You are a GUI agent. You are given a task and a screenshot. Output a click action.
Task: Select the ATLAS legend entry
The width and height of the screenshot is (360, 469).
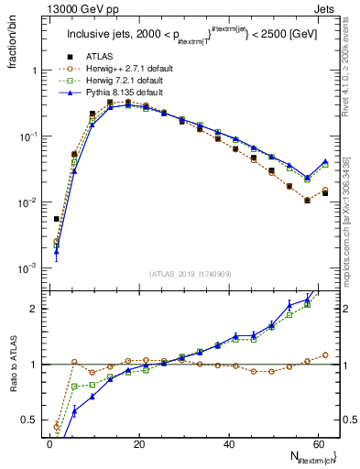[x=97, y=54]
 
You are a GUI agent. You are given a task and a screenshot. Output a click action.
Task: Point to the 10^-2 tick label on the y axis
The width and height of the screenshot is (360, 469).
[x=28, y=202]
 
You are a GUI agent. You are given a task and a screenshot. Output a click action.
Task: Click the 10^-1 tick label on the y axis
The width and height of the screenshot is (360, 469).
[x=28, y=136]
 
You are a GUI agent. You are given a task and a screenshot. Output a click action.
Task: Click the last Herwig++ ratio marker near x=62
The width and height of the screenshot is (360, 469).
[x=325, y=354]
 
